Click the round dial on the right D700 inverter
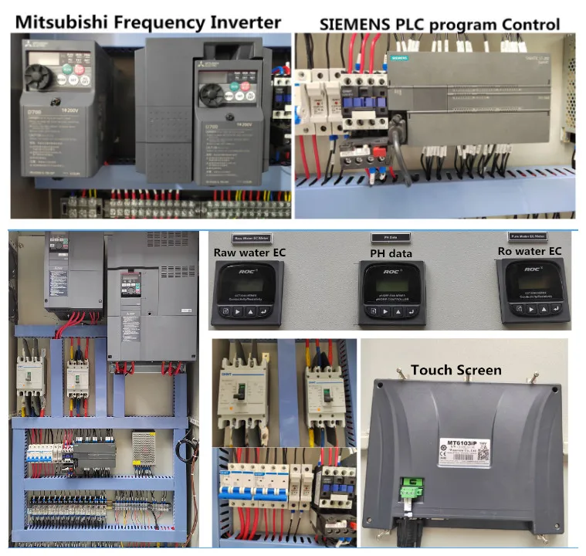[x=212, y=96]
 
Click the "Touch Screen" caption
[x=456, y=370]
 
